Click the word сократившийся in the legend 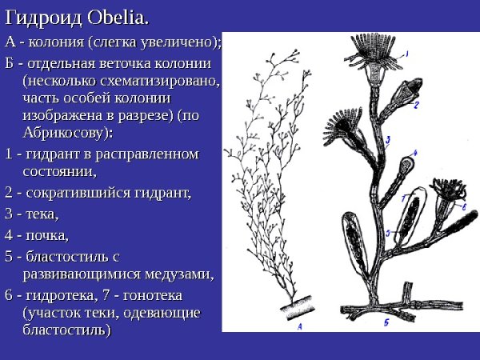coord(75,193)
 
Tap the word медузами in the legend coord(179,275)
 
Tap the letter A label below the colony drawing coord(298,326)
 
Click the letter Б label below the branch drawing coord(385,322)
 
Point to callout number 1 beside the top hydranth coord(406,54)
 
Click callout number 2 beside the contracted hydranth coord(417,104)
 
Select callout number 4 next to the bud coord(415,152)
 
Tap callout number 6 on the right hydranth coord(464,206)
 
